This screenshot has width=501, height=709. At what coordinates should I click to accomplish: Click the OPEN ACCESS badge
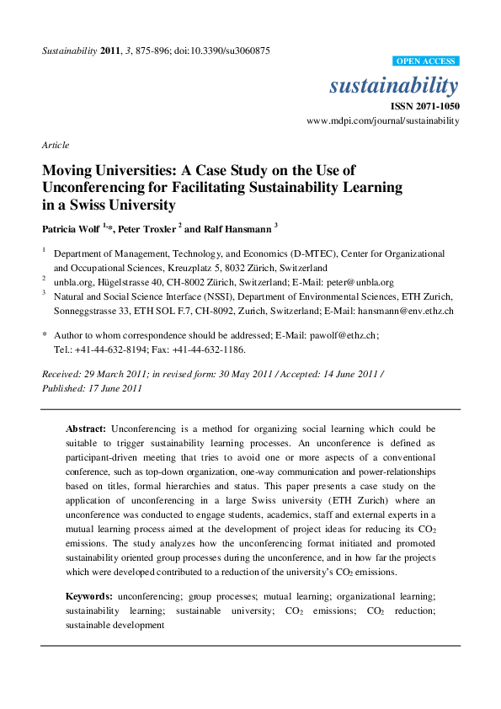pos(427,61)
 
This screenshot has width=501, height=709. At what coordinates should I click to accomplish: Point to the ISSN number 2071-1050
pos(434,107)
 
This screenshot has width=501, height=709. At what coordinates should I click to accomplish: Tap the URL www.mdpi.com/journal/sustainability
pos(383,121)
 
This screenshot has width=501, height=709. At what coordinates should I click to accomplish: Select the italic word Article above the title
pos(54,146)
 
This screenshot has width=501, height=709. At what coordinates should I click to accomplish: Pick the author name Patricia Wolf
pos(72,229)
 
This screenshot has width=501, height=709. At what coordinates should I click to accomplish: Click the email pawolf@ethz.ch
pos(344,334)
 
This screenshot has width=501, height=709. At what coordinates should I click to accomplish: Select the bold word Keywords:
pos(89,596)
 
